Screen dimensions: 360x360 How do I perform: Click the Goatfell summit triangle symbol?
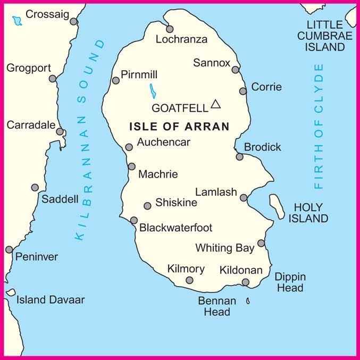(x=215, y=104)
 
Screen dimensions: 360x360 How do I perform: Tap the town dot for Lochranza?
(x=170, y=29)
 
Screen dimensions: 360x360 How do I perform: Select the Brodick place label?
(x=262, y=147)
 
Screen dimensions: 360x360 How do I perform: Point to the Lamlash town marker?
(x=244, y=198)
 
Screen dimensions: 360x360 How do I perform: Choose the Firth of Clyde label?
(x=319, y=127)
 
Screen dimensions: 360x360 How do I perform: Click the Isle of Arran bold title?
(x=179, y=127)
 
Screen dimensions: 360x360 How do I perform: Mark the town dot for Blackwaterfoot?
(x=134, y=220)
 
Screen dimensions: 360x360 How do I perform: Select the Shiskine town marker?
(x=148, y=206)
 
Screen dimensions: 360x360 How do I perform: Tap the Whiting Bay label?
(x=221, y=248)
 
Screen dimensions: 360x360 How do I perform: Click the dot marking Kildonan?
(x=246, y=282)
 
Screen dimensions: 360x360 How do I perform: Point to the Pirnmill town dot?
(x=116, y=80)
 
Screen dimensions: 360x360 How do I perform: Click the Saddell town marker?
(x=35, y=187)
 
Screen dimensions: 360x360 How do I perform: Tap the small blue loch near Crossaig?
(x=17, y=21)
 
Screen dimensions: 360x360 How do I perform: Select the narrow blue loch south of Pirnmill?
(x=152, y=91)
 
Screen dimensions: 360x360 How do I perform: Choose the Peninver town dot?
(x=9, y=249)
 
